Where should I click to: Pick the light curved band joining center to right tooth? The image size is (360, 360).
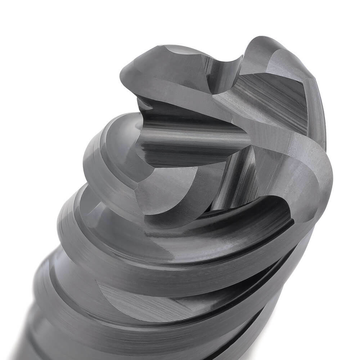click(x=281, y=144)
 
